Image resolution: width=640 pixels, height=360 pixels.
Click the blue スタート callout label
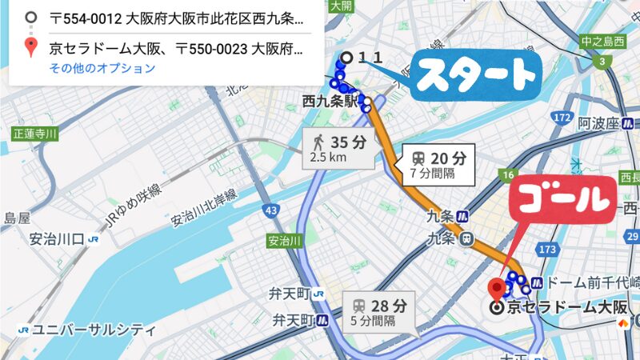(x=477, y=75)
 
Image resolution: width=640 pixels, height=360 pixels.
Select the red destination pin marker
(x=497, y=289)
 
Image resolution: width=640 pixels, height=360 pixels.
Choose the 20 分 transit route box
(x=439, y=163)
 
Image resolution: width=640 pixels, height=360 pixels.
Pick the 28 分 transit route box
(x=380, y=311)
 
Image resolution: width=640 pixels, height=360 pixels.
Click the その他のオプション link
(x=102, y=68)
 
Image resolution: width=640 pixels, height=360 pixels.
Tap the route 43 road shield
(x=274, y=210)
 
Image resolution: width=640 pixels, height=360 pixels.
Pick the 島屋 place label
(x=17, y=218)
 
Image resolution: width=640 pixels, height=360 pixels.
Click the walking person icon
(x=318, y=142)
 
